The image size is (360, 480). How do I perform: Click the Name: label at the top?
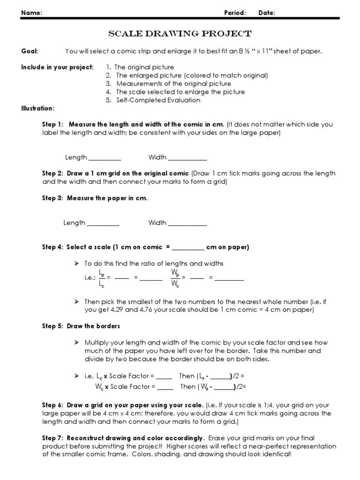(x=31, y=13)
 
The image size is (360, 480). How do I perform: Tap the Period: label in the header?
(x=235, y=13)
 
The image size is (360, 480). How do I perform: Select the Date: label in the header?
(x=267, y=13)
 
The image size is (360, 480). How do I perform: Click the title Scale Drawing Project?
(x=180, y=34)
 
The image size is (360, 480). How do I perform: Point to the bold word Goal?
(x=30, y=51)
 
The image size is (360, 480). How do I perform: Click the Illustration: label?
(x=37, y=108)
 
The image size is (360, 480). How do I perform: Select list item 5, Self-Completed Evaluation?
(x=158, y=100)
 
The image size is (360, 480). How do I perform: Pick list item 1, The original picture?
(x=144, y=67)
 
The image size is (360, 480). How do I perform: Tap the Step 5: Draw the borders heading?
(x=81, y=326)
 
